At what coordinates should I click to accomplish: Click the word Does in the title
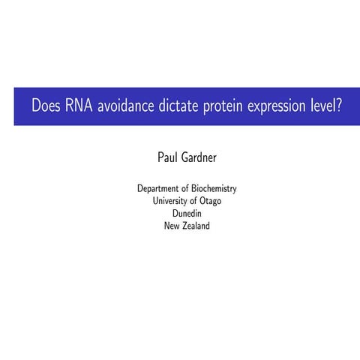(46, 106)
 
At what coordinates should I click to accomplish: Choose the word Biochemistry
(217, 188)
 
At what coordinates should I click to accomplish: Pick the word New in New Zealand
(172, 226)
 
